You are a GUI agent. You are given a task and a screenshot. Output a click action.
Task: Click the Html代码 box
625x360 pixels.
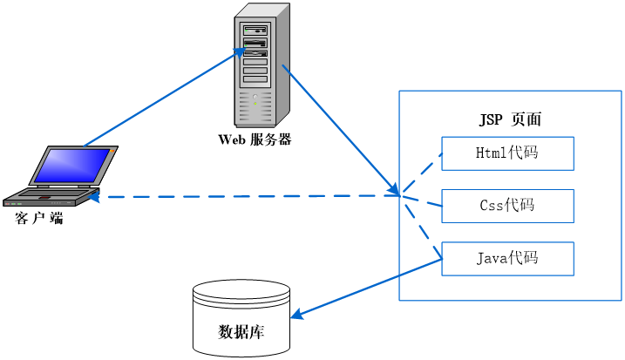coord(507,153)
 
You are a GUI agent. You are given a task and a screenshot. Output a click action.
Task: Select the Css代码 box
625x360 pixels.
coord(507,206)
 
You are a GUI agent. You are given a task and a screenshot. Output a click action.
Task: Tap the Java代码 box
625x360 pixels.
coord(507,258)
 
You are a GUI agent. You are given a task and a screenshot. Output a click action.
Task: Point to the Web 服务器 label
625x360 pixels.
coord(255,139)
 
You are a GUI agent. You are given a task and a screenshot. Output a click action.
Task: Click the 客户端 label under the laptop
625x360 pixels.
coord(39,219)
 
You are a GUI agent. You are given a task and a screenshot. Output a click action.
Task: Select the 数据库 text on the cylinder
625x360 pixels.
coord(241,332)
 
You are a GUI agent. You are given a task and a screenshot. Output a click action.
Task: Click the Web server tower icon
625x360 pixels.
coord(262,65)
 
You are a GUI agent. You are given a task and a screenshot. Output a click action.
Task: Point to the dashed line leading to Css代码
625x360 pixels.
coord(422,200)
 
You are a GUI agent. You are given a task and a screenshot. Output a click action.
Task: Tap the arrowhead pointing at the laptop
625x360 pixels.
coord(96,198)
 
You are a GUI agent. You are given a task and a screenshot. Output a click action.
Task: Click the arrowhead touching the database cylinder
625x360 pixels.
coord(296,314)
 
